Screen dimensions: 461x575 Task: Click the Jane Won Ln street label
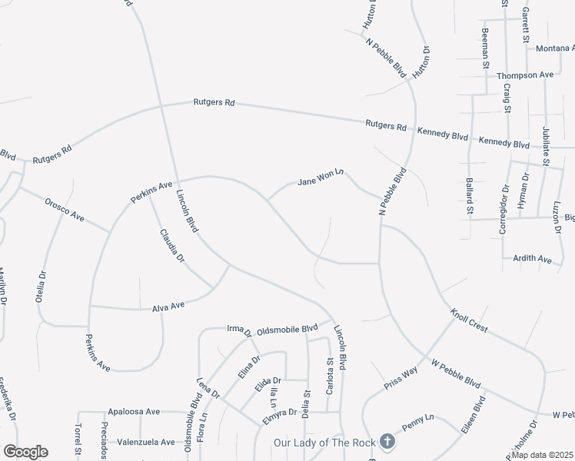pos(319,180)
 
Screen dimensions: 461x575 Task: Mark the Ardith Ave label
pos(533,260)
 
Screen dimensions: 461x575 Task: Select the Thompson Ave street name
pos(525,75)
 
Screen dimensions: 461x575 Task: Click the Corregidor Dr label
pos(504,208)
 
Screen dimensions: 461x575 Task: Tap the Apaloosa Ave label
pos(134,412)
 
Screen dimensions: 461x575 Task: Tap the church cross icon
pos(387,442)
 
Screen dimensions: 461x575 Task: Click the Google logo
pos(25,452)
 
